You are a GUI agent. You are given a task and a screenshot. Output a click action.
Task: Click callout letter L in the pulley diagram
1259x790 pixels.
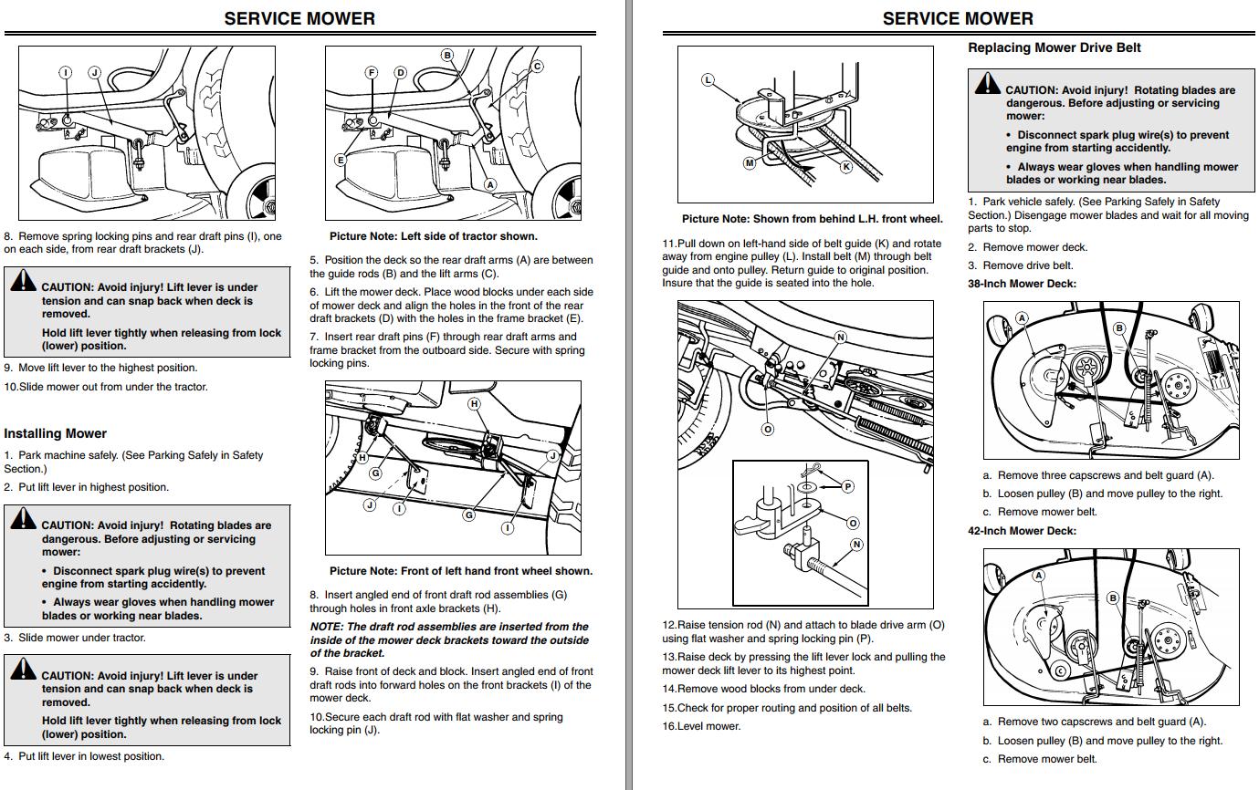click(708, 80)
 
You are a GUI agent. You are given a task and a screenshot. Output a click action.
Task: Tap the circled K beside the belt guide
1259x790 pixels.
click(846, 167)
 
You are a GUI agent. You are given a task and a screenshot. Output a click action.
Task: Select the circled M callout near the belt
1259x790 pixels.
click(750, 163)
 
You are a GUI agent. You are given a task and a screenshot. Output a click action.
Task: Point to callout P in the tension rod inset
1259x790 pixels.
click(848, 487)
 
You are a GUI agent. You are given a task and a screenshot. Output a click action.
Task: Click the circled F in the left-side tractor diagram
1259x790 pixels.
click(372, 72)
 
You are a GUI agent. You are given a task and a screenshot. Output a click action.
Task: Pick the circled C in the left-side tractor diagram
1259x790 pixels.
click(538, 66)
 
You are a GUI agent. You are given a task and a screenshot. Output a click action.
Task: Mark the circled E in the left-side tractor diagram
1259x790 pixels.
click(341, 161)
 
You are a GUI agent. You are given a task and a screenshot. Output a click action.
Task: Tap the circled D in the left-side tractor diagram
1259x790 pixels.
click(400, 72)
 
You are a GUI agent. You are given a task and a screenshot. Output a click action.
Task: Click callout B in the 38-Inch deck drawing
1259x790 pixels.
click(1119, 328)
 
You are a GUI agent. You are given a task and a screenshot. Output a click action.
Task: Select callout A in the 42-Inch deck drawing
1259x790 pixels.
click(1038, 576)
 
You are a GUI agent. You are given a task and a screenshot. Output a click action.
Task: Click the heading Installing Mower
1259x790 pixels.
click(55, 433)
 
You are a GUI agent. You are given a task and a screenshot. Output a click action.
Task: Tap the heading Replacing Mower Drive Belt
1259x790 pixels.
click(1054, 47)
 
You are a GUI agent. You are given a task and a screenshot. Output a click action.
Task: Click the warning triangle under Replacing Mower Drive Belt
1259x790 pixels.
click(987, 85)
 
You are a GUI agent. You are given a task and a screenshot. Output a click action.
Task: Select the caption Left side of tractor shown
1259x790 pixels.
click(433, 236)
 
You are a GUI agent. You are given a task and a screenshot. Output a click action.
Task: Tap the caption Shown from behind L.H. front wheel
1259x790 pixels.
click(812, 219)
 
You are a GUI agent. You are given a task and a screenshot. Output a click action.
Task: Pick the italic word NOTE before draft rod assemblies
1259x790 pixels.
click(326, 627)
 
